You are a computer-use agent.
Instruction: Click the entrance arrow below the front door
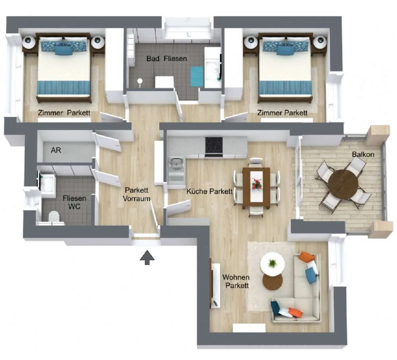[147, 257]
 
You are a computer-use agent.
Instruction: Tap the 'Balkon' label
[363, 154]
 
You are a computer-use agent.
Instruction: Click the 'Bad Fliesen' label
[167, 59]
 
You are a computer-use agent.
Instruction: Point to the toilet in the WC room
[54, 217]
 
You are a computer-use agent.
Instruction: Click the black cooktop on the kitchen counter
[214, 145]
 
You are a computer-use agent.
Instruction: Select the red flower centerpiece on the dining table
[257, 183]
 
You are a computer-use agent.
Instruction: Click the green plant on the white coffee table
[272, 264]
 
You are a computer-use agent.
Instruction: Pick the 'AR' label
[56, 150]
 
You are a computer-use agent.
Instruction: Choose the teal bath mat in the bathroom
[197, 76]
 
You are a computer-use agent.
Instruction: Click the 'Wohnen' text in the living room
[236, 277]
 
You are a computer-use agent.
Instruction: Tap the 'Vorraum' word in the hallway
[136, 198]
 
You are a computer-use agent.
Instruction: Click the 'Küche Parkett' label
[209, 191]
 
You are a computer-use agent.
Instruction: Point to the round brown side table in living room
[273, 282]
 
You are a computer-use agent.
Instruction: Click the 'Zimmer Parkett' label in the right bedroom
[282, 113]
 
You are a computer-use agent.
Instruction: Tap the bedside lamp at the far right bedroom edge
[320, 42]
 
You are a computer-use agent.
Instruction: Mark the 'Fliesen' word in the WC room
[74, 198]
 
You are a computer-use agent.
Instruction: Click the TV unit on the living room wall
[215, 285]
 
